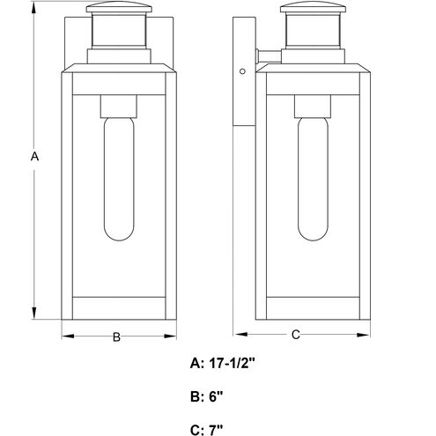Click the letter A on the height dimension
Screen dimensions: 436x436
coord(34,156)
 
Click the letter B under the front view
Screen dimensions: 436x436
coord(116,336)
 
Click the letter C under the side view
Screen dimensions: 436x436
coord(296,335)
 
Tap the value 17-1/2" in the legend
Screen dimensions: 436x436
coord(232,364)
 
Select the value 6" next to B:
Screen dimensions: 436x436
coord(216,397)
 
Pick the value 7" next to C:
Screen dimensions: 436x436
coord(216,431)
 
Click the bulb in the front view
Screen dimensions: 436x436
coord(119,179)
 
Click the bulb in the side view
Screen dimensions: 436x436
coord(313,179)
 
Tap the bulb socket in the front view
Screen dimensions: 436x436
coord(119,107)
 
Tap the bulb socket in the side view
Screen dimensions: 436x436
coord(313,107)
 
